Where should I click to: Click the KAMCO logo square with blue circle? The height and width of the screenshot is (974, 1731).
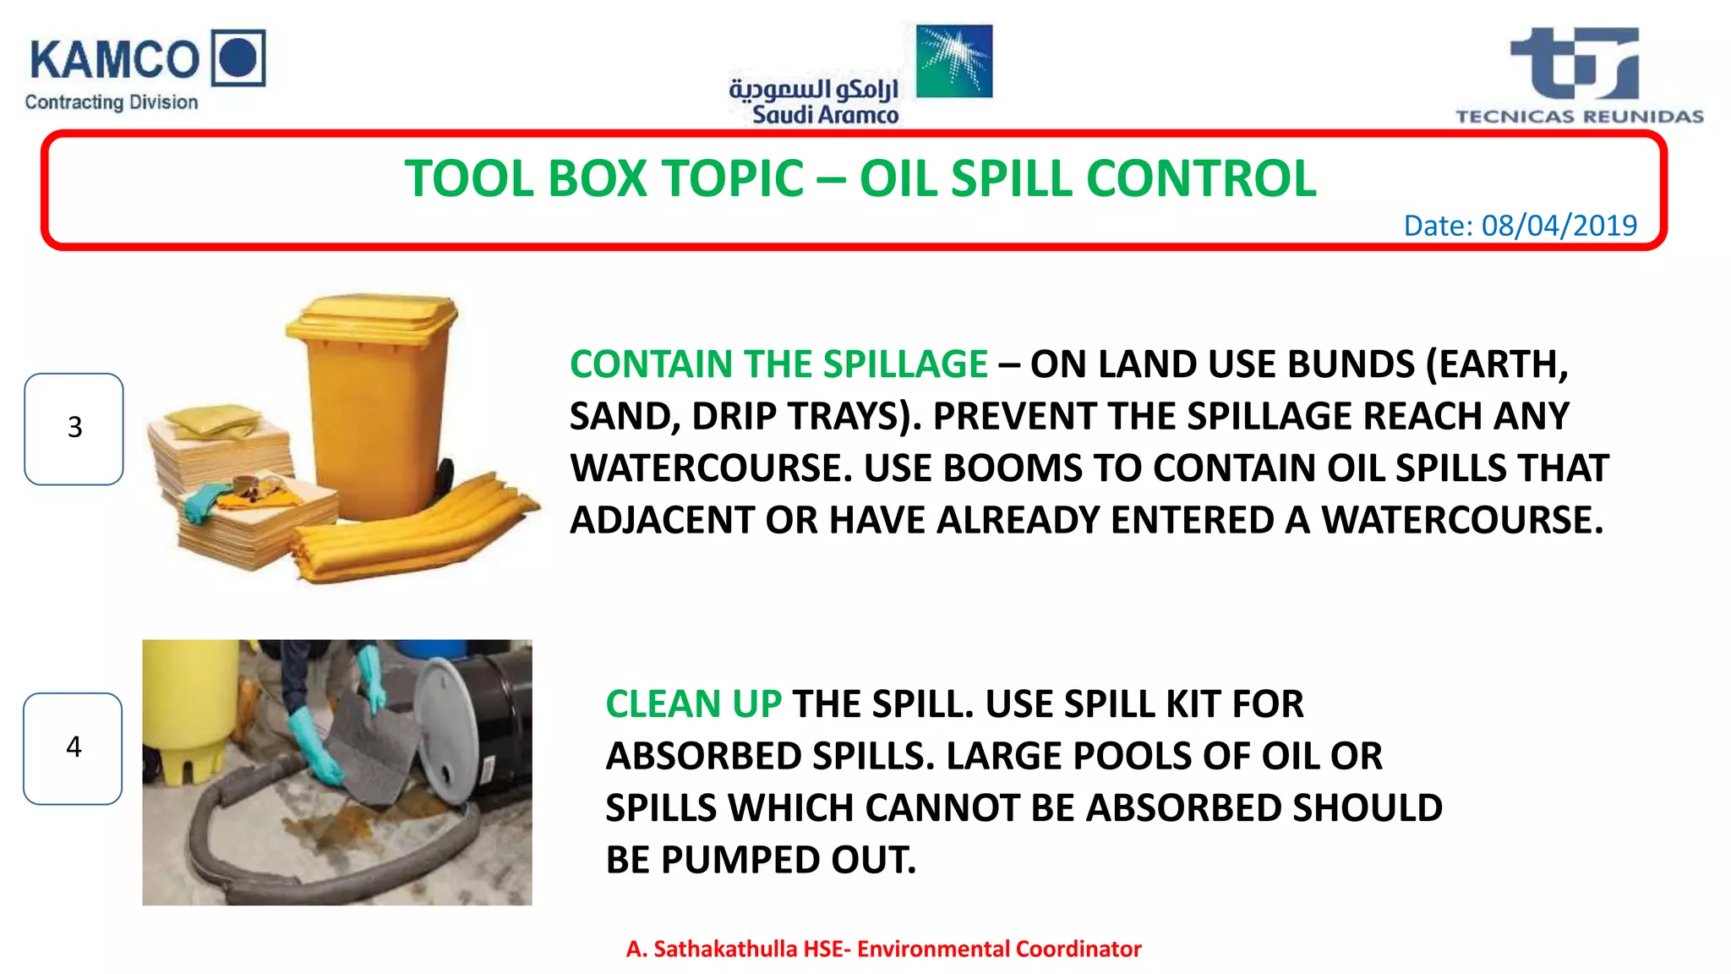pyautogui.click(x=238, y=57)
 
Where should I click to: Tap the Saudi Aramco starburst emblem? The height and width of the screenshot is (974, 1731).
pyautogui.click(x=954, y=61)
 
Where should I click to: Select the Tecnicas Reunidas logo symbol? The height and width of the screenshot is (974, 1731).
pyautogui.click(x=1577, y=63)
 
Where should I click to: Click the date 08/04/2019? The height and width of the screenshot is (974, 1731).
pyautogui.click(x=1559, y=226)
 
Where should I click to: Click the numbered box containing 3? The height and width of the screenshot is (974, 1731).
pyautogui.click(x=74, y=429)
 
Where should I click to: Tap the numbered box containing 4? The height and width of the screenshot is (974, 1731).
pyautogui.click(x=74, y=748)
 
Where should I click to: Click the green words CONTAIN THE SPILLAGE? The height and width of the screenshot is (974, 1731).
pyautogui.click(x=778, y=364)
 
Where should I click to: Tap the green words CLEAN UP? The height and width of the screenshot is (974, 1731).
pyautogui.click(x=693, y=704)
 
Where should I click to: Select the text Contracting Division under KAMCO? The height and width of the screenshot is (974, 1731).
pyautogui.click(x=112, y=102)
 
